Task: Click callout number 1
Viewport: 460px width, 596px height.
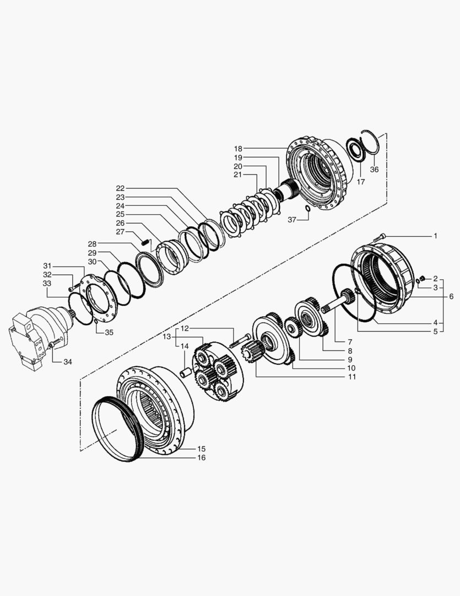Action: click(435, 236)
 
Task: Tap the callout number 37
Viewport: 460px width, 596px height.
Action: click(293, 220)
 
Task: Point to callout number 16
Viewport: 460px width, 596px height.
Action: click(202, 458)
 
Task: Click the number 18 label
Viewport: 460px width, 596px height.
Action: click(238, 148)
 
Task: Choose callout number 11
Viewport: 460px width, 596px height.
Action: click(351, 377)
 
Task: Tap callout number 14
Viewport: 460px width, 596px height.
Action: click(185, 346)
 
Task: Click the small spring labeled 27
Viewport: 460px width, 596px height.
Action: click(145, 241)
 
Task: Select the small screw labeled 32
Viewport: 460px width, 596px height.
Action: click(72, 289)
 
